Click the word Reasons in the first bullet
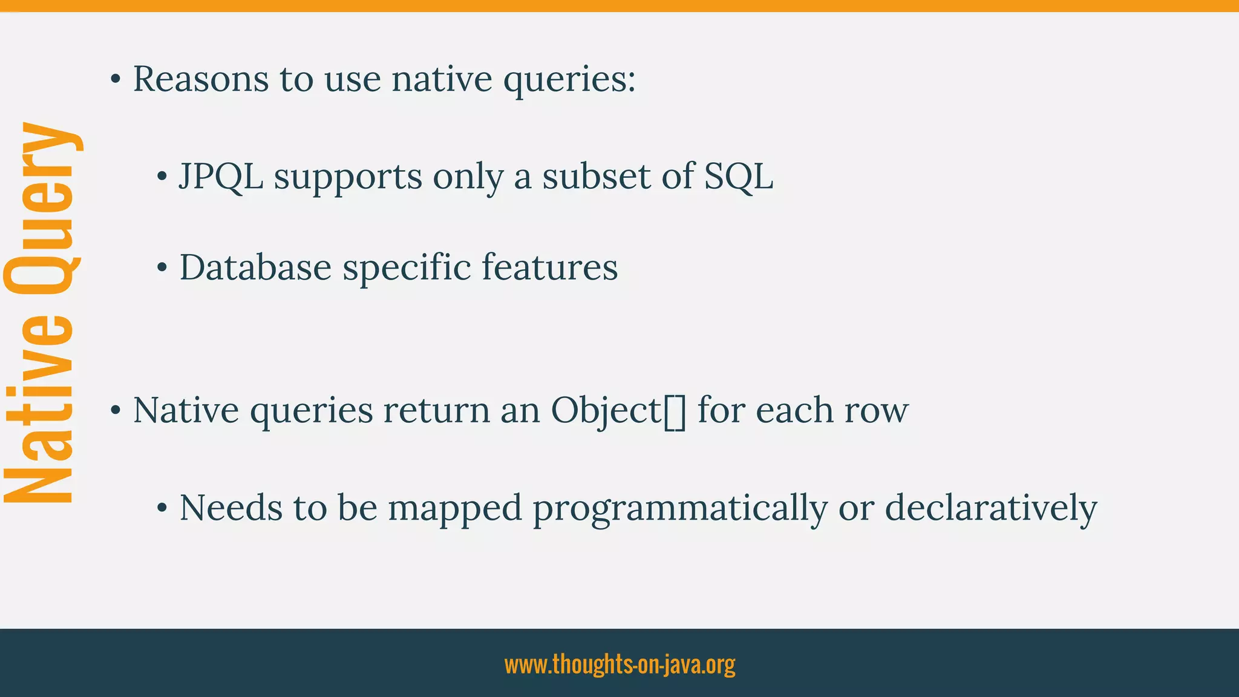coord(201,79)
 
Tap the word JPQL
coord(221,177)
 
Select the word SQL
coord(739,177)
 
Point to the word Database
coord(255,267)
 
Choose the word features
coord(550,267)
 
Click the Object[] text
coord(618,411)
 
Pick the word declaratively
coord(991,508)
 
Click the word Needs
coord(230,508)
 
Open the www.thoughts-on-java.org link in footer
coord(619,664)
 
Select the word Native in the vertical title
coord(40,409)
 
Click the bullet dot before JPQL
coord(162,177)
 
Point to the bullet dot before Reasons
coord(116,79)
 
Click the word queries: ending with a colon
coord(569,80)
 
